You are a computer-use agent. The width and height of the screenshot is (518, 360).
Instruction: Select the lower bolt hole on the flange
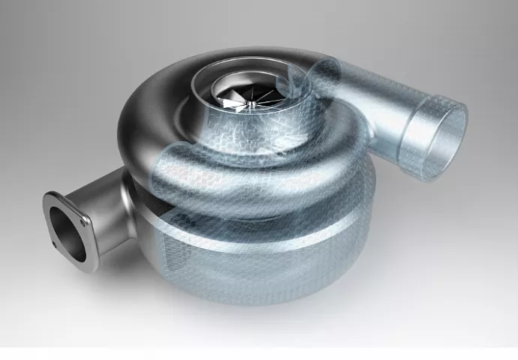coord(54,244)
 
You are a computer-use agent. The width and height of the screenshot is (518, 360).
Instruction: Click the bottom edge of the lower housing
coord(248,300)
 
